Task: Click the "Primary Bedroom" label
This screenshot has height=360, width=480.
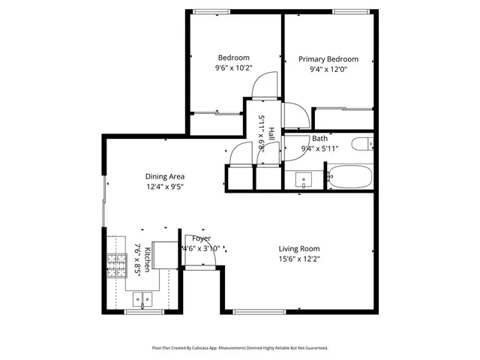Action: pyautogui.click(x=328, y=59)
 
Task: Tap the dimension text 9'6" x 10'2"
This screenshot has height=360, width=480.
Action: pyautogui.click(x=234, y=67)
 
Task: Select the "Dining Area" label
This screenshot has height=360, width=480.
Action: pyautogui.click(x=165, y=177)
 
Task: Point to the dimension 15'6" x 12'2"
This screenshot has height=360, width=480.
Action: pyautogui.click(x=299, y=259)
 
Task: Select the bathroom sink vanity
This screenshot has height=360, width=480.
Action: pyautogui.click(x=303, y=180)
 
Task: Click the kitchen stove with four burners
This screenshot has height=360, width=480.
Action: pyautogui.click(x=116, y=265)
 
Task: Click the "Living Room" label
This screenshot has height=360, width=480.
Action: pyautogui.click(x=299, y=249)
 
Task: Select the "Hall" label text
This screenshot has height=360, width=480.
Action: pyautogui.click(x=271, y=133)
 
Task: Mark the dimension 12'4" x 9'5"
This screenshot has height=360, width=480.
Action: pyautogui.click(x=165, y=187)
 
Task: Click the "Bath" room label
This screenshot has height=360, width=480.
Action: pyautogui.click(x=320, y=139)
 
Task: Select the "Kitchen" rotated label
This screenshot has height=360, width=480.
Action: pyautogui.click(x=148, y=259)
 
